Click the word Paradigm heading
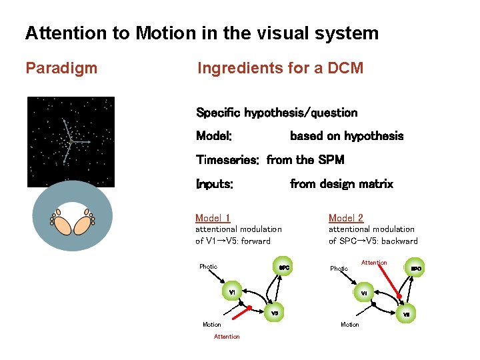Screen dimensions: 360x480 click(61, 68)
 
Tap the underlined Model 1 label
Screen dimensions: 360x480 click(213, 218)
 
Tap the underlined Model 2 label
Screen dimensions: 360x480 click(346, 218)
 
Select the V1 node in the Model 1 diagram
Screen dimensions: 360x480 click(231, 293)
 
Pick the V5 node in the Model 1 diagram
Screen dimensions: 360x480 click(274, 312)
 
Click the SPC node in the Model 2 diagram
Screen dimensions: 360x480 click(416, 268)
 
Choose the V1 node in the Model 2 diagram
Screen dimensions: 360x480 click(363, 293)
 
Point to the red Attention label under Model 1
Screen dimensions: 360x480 click(227, 337)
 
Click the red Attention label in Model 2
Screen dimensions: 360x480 click(374, 263)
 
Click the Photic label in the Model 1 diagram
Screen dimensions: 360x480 click(208, 267)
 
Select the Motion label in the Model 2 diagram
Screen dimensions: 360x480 click(350, 325)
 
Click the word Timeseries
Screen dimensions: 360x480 click(227, 160)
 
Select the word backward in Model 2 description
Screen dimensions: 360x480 click(399, 241)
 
